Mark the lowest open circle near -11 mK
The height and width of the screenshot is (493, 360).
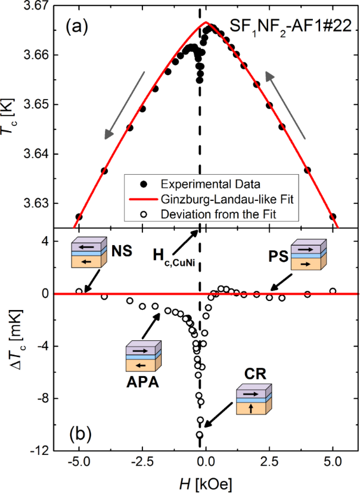(x=200, y=435)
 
